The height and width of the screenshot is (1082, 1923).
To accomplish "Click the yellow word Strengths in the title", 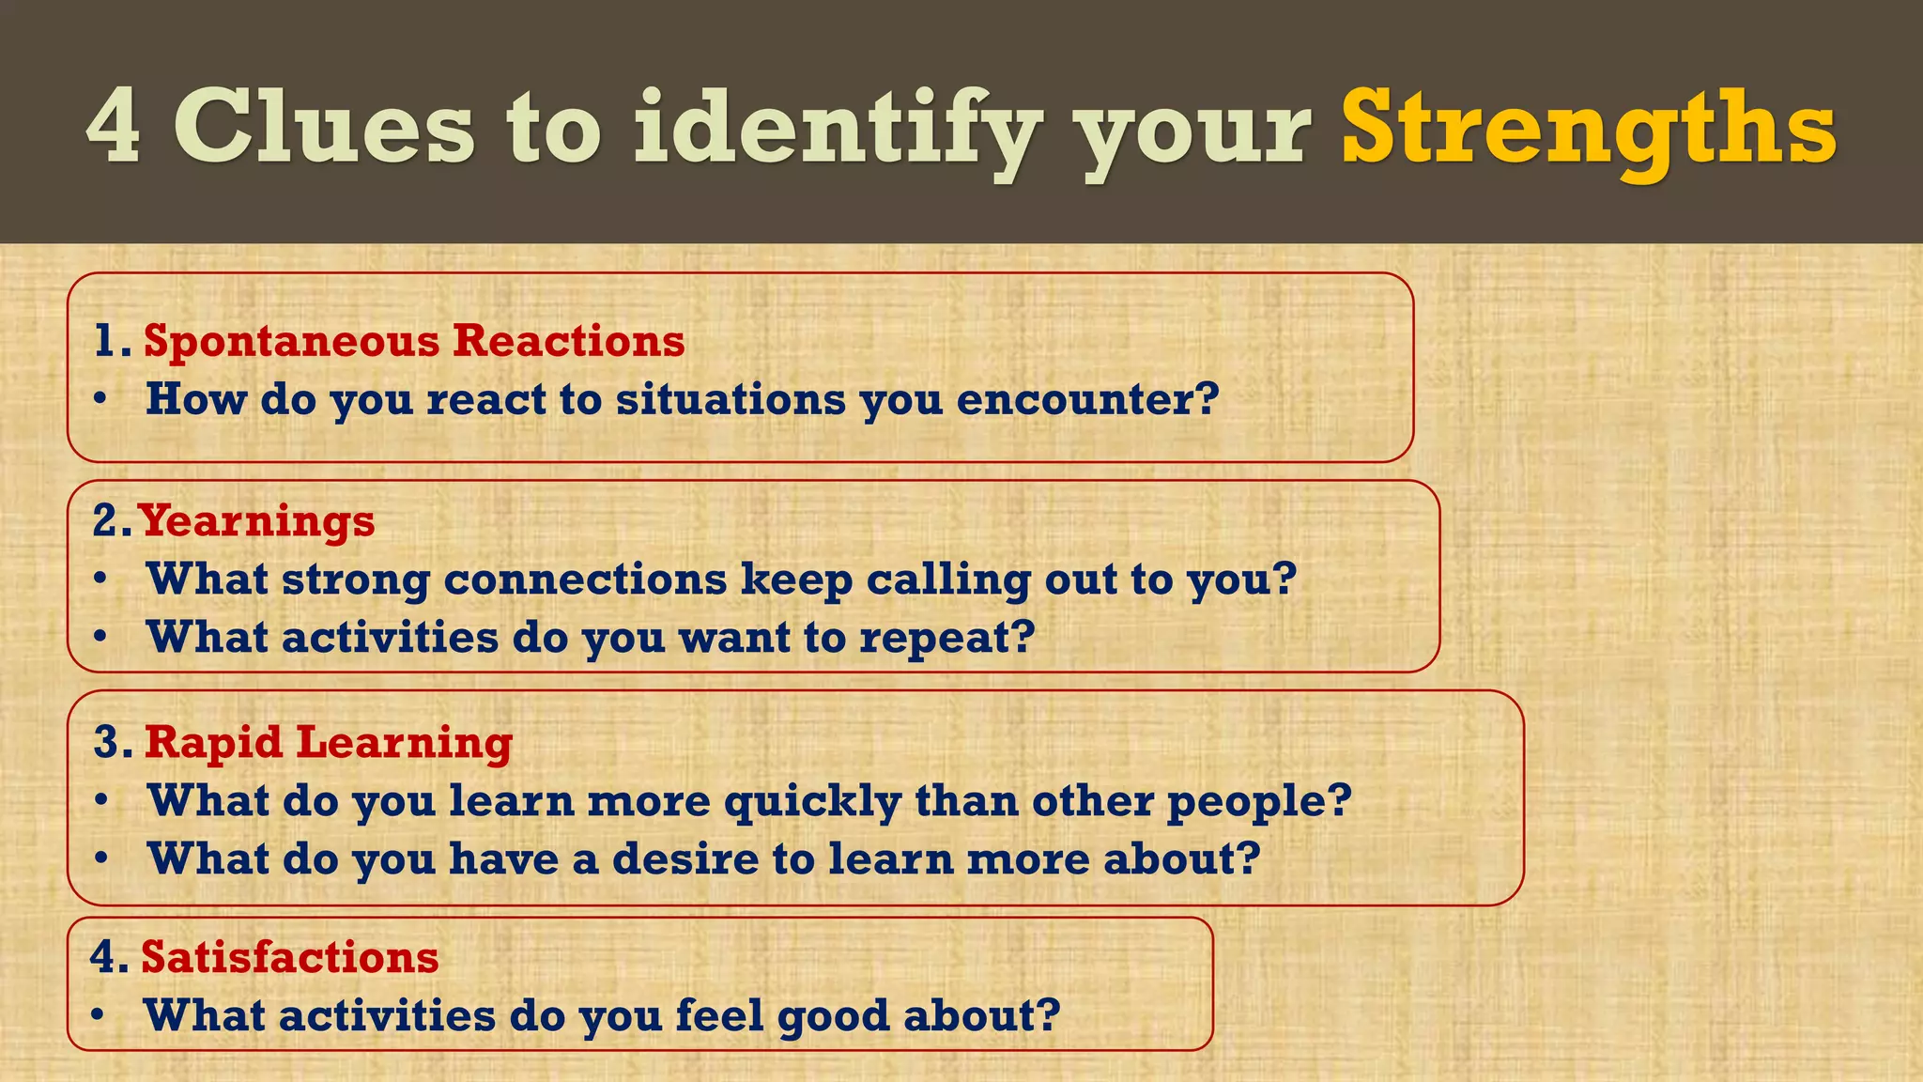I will tap(1589, 127).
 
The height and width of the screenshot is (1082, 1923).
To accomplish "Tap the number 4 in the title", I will tap(114, 127).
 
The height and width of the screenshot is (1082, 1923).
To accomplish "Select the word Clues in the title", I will tap(324, 127).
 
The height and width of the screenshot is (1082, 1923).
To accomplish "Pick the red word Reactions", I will tap(569, 340).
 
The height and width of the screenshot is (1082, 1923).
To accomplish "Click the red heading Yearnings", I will tap(256, 521).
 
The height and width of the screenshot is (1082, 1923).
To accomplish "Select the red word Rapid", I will tap(213, 742).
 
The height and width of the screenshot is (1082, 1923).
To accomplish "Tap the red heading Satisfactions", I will tap(290, 957).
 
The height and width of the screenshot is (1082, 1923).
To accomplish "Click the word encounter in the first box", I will tap(1087, 399).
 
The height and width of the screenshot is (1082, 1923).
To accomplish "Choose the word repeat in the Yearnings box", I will tap(946, 638).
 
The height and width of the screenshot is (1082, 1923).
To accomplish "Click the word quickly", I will tap(812, 801).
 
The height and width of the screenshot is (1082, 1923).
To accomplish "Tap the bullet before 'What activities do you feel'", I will tap(98, 1016).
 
